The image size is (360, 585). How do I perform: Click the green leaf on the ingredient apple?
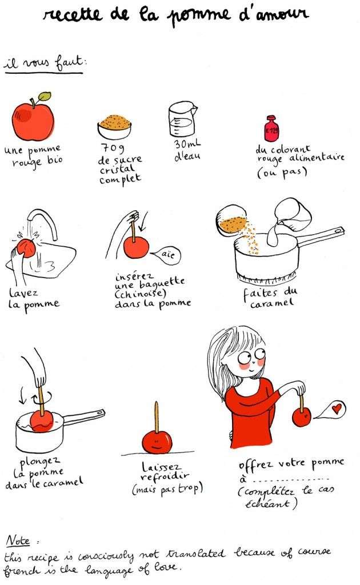tap(45, 96)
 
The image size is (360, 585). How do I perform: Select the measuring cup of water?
tap(182, 119)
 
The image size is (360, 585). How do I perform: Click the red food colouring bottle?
tap(271, 129)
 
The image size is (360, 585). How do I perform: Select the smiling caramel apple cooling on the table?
tap(157, 442)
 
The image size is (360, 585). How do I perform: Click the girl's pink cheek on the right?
tap(261, 362)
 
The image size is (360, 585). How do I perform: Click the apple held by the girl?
tap(302, 416)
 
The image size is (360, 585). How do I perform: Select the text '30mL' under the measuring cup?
tap(187, 143)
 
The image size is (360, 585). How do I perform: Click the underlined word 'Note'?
tap(18, 540)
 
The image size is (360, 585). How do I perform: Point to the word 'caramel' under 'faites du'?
tap(272, 303)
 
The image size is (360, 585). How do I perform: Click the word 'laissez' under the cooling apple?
tap(161, 466)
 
